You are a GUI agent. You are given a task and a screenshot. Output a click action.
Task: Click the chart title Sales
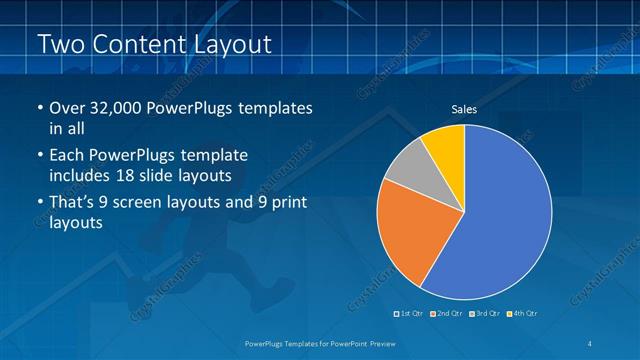[464, 109]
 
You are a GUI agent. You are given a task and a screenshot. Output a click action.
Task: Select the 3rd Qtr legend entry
[484, 314]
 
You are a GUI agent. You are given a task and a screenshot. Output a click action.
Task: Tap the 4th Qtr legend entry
[522, 314]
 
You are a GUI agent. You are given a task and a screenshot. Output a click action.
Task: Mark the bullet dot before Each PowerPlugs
[39, 157]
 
